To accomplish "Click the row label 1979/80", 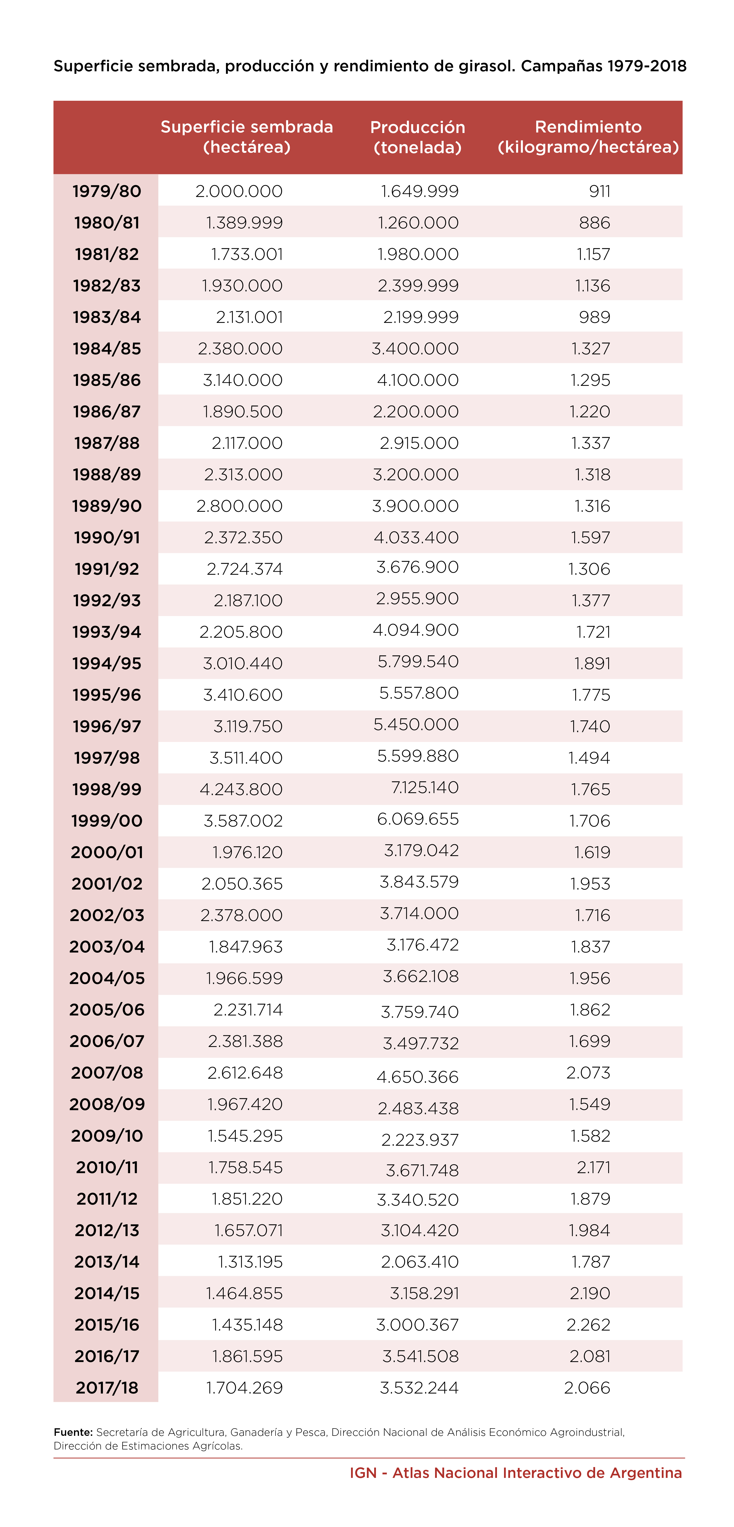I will pos(107,191).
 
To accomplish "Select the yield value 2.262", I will pos(588,1324).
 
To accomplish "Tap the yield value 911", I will pos(600,191).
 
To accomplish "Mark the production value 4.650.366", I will pos(418,1076).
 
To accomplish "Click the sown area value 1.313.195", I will pos(250,1262).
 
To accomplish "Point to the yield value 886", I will pos(594,223).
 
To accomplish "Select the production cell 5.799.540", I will pos(418,662).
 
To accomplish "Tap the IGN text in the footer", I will pos(363,1473).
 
